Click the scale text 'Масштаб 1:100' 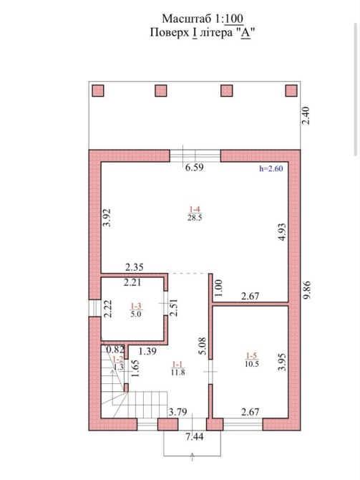[x=203, y=19]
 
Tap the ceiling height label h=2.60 [x=271, y=168]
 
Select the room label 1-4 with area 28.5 [x=195, y=213]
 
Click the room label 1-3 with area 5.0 [x=136, y=309]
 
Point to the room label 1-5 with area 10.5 [x=252, y=360]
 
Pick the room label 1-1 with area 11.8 [x=178, y=368]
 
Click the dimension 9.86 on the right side [x=306, y=290]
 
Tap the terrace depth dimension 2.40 [x=306, y=115]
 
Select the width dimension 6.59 [x=195, y=168]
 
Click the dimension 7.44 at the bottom [x=194, y=436]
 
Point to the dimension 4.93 [x=282, y=232]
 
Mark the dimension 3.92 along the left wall [x=107, y=217]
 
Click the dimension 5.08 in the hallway [x=203, y=346]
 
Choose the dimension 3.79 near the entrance [x=177, y=412]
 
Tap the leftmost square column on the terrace [x=98, y=91]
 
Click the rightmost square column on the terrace [x=291, y=90]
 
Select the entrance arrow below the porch [x=193, y=456]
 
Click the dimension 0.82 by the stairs [x=115, y=350]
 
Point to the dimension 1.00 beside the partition [x=219, y=288]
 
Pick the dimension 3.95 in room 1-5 [x=282, y=362]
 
